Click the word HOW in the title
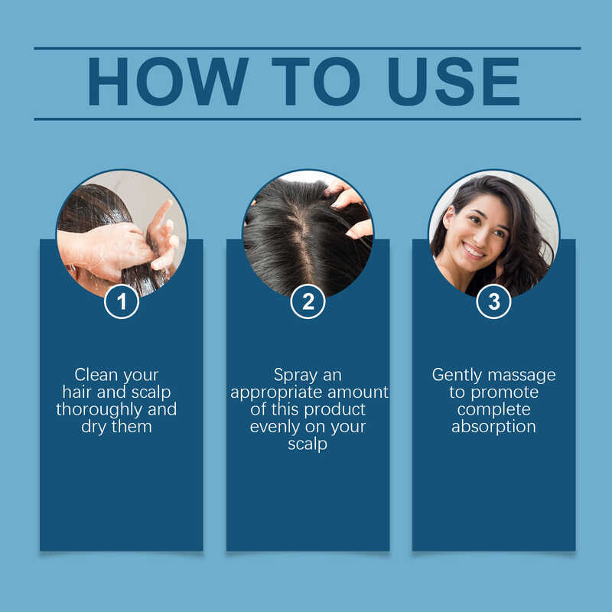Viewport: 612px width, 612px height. [168, 81]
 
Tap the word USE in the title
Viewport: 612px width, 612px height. [454, 81]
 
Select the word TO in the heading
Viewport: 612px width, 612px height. [315, 81]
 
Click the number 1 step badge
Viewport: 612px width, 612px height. [122, 301]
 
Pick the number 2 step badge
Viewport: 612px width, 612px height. [308, 301]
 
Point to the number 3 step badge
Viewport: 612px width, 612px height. [493, 301]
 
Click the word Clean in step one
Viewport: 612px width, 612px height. [96, 375]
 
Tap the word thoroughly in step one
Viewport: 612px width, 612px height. [99, 410]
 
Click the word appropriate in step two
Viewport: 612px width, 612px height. [277, 393]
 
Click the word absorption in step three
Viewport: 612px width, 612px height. [493, 427]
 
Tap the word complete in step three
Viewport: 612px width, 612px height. [493, 410]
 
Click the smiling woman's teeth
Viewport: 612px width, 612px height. [474, 250]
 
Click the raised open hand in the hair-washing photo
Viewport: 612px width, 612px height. [163, 234]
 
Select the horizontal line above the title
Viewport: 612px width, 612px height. [308, 48]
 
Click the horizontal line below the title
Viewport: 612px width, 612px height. [308, 119]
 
